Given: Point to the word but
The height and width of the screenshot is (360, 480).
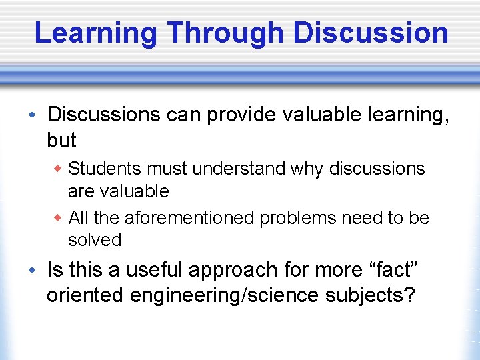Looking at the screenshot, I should pos(61,141).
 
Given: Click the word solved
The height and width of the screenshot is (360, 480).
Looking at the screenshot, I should pos(94,240).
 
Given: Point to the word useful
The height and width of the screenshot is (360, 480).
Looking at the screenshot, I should pos(153,270).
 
